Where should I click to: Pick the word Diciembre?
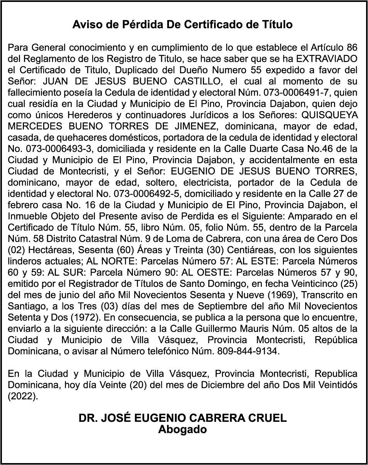(221, 385)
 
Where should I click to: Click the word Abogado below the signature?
(182, 429)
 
